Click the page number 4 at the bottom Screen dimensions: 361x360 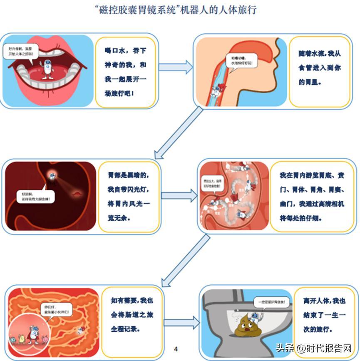[176, 349]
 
